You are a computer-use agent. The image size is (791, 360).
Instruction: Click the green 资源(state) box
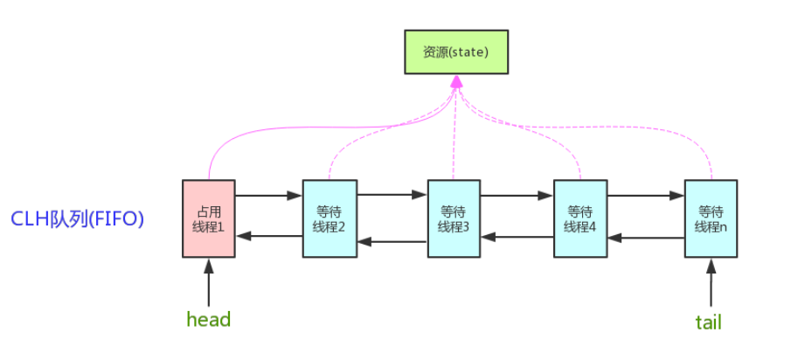(x=455, y=52)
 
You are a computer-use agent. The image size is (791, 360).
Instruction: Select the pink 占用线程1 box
(x=209, y=218)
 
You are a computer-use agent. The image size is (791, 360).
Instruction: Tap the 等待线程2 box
(x=330, y=218)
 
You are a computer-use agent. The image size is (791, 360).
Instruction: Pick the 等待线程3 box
(x=454, y=218)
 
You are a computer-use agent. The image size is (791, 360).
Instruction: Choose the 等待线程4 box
(x=580, y=218)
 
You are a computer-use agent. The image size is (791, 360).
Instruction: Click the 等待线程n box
(x=711, y=218)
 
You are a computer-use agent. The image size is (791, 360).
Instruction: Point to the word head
(x=209, y=320)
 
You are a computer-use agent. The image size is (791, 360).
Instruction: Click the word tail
(x=708, y=322)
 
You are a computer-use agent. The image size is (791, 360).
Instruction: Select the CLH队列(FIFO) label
(x=77, y=218)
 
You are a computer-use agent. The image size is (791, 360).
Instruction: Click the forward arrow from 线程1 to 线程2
(x=268, y=196)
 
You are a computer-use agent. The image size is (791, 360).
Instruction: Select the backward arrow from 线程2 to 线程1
(x=268, y=236)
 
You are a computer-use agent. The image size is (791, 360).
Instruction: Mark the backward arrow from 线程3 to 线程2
(x=392, y=241)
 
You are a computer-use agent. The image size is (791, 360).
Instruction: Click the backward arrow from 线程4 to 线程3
(x=517, y=236)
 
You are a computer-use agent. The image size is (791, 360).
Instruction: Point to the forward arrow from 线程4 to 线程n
(x=646, y=196)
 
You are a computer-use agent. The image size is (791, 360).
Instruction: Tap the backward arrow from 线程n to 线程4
(x=646, y=236)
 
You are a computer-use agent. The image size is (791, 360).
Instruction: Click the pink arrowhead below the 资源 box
(x=455, y=81)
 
